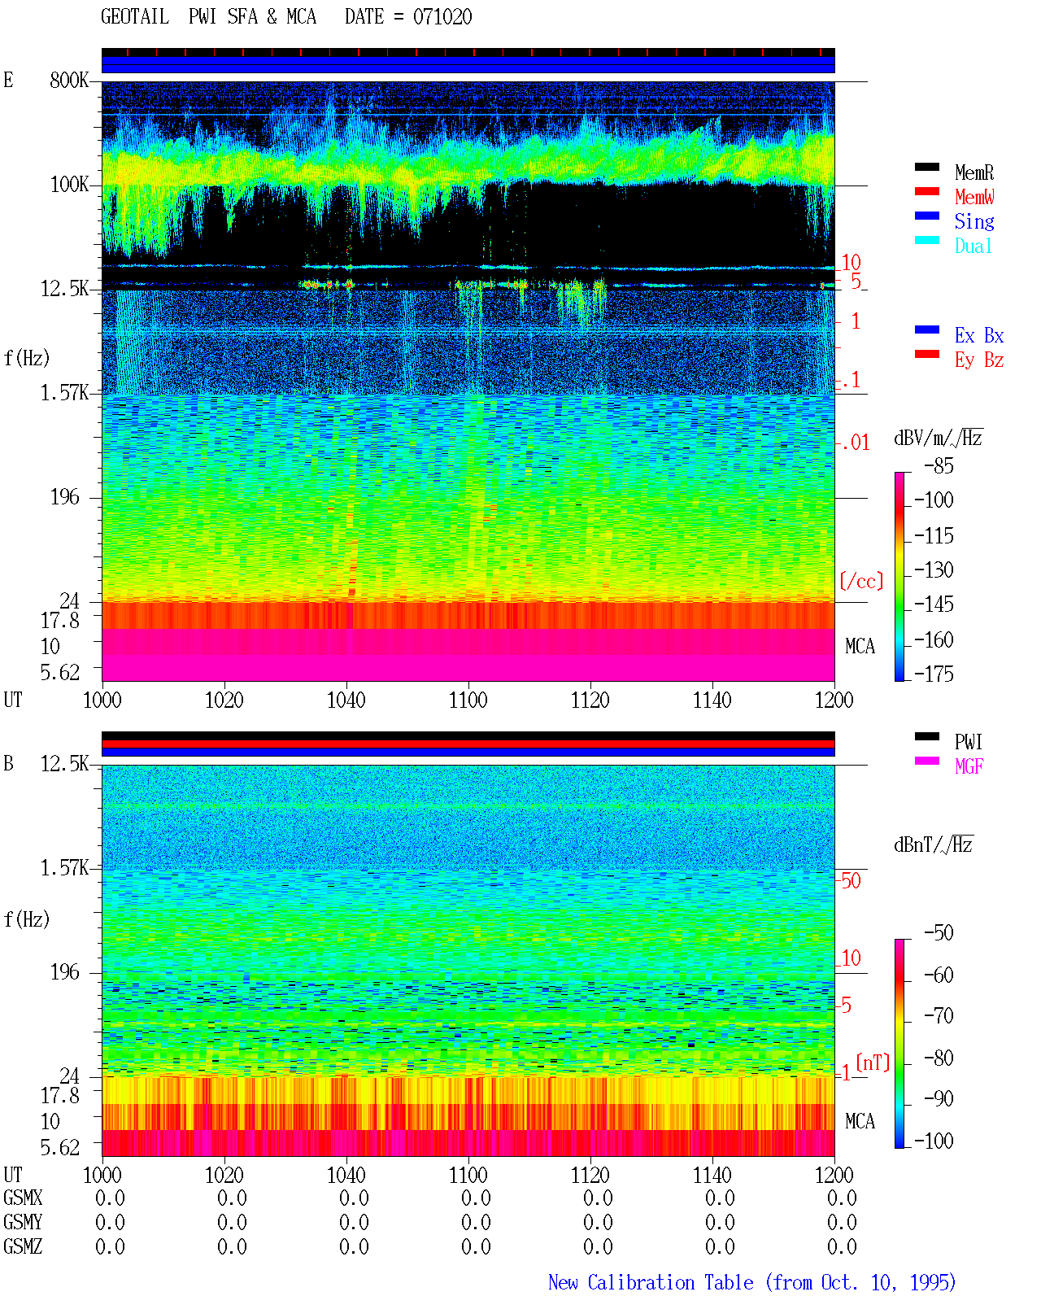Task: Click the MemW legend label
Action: click(973, 197)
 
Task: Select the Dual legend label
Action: click(973, 246)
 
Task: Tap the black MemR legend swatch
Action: click(926, 168)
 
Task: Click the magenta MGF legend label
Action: click(968, 766)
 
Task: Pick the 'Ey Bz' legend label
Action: click(978, 360)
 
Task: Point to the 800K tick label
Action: click(69, 80)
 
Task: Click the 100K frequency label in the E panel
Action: click(69, 185)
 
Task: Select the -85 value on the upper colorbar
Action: click(938, 465)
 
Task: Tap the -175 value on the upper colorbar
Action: click(934, 674)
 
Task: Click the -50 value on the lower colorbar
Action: click(938, 933)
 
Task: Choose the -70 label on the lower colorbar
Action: click(938, 1016)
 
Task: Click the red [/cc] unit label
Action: click(861, 581)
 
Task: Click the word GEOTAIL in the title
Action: click(135, 17)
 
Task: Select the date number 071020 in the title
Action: click(442, 17)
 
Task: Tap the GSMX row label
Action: click(23, 1198)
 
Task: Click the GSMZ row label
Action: click(23, 1246)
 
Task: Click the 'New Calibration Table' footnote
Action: click(651, 1282)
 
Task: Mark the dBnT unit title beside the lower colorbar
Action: click(933, 845)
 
